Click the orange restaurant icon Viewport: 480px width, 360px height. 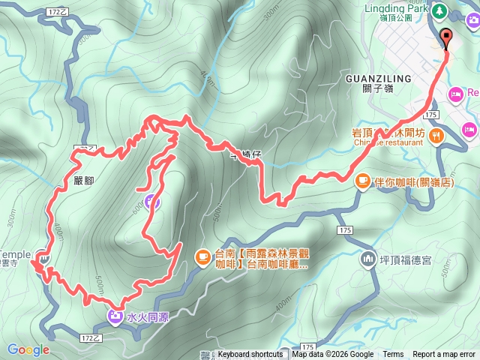(437, 135)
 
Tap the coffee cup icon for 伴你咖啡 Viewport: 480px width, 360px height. (362, 180)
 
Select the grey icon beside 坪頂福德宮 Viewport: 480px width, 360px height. (368, 259)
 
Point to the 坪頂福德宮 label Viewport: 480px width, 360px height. (406, 260)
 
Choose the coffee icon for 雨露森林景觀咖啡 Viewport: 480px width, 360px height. (203, 256)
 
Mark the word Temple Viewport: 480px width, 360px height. (15, 255)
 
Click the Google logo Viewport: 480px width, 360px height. (28, 349)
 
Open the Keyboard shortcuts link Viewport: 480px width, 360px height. (250, 355)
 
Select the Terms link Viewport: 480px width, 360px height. (393, 355)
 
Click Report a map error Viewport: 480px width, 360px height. (444, 355)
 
